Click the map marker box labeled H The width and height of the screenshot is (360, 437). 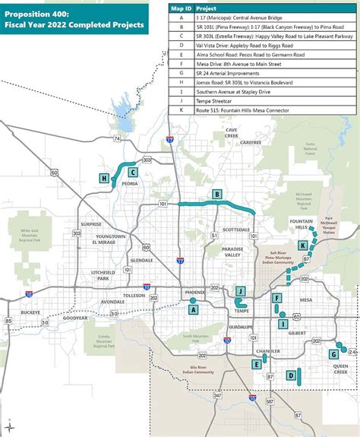(104, 179)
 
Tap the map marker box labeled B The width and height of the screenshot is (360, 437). (217, 195)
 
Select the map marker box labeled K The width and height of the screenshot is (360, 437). (303, 245)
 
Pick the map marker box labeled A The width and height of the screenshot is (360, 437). (194, 309)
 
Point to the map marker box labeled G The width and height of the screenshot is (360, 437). (333, 354)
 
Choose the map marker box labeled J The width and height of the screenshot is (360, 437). (240, 291)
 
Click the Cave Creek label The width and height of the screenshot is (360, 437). (232, 133)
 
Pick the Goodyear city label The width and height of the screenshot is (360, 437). (75, 318)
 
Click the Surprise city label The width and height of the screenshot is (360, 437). (91, 224)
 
